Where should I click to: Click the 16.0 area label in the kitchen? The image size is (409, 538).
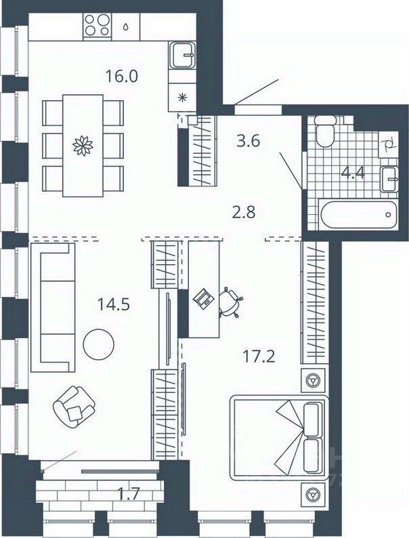(122, 75)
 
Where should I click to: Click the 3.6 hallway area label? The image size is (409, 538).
(248, 143)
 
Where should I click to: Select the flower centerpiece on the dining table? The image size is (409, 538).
(83, 144)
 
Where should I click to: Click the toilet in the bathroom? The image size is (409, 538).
(324, 133)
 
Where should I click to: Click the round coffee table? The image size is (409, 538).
(98, 344)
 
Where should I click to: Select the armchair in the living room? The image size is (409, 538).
(74, 405)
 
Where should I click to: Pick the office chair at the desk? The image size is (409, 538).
(232, 303)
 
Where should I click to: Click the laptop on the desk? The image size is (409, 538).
(204, 299)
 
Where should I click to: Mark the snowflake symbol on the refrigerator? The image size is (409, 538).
(181, 97)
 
